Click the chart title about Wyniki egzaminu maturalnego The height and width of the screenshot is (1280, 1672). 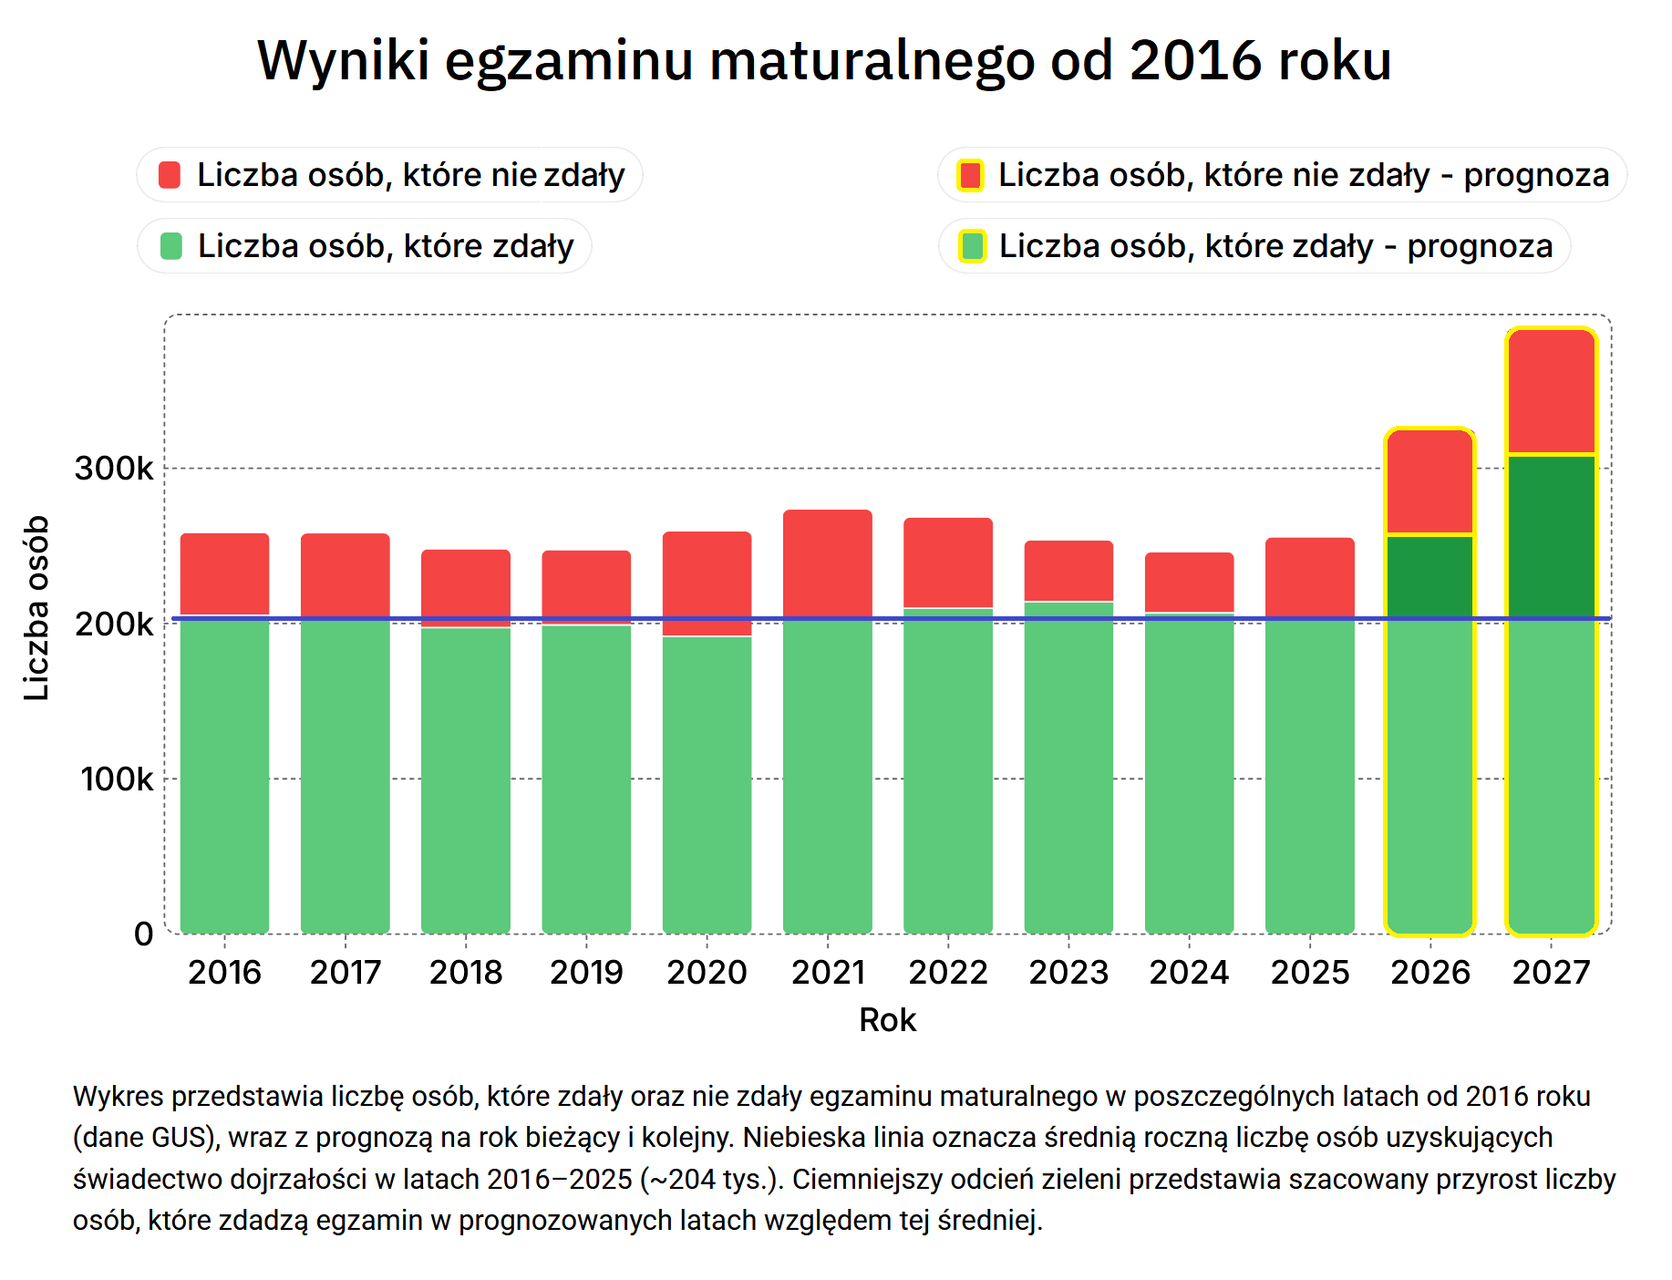click(x=824, y=61)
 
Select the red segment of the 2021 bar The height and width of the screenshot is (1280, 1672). click(x=828, y=564)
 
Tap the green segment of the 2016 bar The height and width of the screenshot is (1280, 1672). click(x=225, y=774)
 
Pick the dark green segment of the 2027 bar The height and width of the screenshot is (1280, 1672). click(x=1551, y=536)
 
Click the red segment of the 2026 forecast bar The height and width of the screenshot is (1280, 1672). click(x=1429, y=481)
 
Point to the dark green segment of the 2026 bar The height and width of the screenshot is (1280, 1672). click(x=1429, y=576)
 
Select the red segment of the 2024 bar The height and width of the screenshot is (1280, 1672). click(x=1190, y=582)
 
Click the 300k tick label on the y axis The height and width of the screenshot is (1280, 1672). click(x=114, y=469)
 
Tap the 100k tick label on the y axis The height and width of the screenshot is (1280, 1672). click(x=117, y=779)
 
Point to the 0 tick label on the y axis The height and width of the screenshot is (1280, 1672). click(x=144, y=934)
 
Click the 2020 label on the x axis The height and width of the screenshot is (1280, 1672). click(x=707, y=973)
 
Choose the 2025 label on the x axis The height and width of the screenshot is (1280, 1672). click(x=1310, y=973)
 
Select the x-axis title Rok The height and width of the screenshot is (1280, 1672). click(x=887, y=1020)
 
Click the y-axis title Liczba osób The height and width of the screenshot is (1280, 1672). click(x=36, y=608)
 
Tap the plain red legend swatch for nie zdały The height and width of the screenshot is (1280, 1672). click(x=170, y=175)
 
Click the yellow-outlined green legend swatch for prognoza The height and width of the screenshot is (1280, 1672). click(x=973, y=246)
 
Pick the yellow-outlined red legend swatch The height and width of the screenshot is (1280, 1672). click(x=971, y=175)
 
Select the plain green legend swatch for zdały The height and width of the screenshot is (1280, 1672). click(x=170, y=246)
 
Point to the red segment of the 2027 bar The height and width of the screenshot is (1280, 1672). click(x=1551, y=391)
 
